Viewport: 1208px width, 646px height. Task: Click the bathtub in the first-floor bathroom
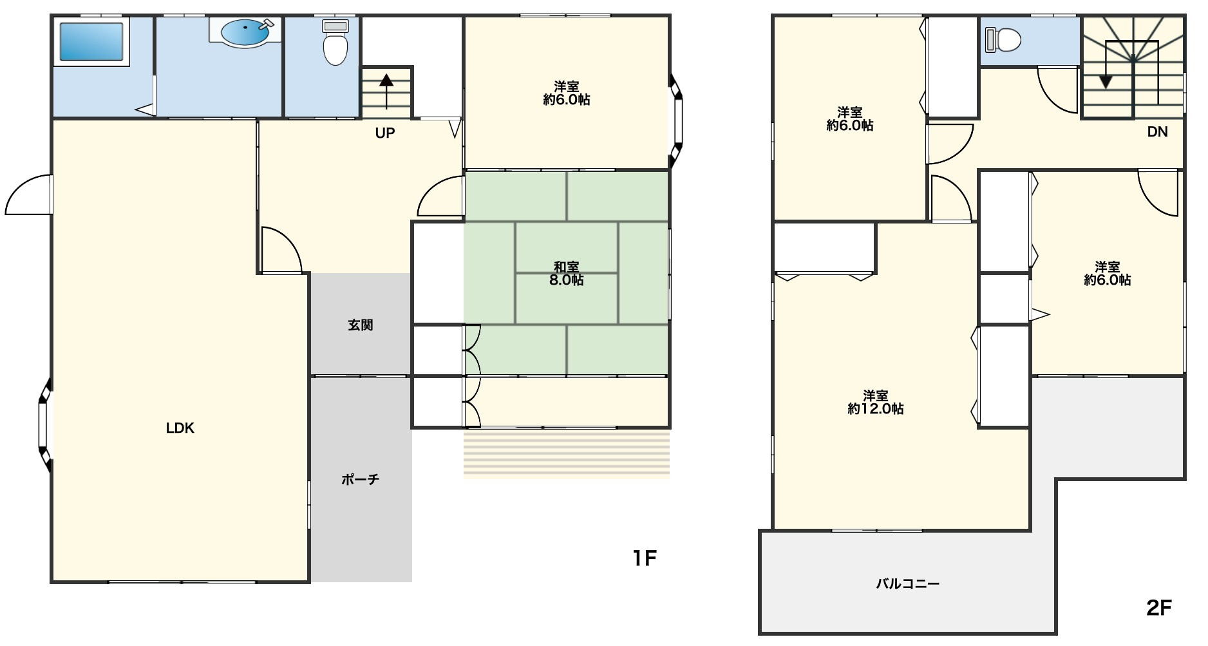point(91,42)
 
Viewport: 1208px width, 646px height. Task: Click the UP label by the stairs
point(385,133)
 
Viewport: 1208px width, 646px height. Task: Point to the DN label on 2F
point(1157,132)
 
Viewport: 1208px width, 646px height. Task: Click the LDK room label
point(180,428)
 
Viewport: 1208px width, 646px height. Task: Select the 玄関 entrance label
point(361,325)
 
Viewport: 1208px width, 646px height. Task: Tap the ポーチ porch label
point(361,480)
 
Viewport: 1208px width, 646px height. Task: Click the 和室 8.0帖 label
point(567,274)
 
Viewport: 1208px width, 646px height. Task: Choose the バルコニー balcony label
point(908,584)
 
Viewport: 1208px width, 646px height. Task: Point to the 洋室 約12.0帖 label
point(876,403)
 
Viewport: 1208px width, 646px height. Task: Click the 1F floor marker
point(644,558)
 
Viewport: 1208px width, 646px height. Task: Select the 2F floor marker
point(1159,608)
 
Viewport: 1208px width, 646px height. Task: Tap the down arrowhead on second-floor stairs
point(1106,82)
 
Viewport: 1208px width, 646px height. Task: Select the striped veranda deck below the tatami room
point(567,455)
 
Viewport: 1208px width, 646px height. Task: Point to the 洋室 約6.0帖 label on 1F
point(567,93)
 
